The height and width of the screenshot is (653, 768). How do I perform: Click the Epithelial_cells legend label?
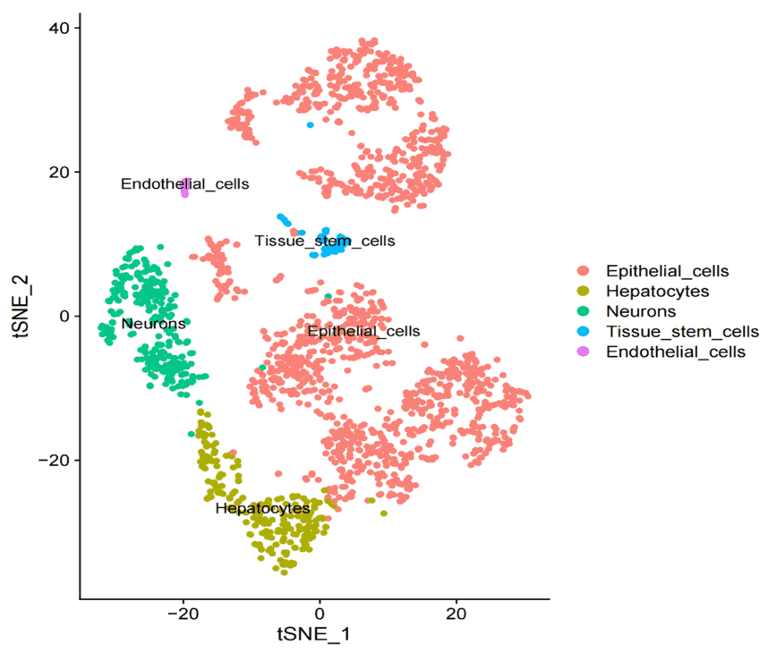[x=667, y=270]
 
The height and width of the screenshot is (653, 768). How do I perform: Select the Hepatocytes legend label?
[x=657, y=291]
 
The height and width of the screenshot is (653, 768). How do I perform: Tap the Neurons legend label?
[x=641, y=311]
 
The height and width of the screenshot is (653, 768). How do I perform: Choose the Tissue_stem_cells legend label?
[x=682, y=332]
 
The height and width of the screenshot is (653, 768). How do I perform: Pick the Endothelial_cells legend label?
[x=675, y=352]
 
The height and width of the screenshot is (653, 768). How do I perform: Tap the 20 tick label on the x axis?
[x=456, y=615]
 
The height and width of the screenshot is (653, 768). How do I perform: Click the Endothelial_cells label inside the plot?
[x=184, y=183]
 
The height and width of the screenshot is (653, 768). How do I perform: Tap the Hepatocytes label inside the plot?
[x=262, y=508]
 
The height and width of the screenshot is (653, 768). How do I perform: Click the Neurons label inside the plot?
[x=154, y=323]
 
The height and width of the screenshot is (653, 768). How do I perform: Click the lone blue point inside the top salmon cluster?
[x=311, y=124]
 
